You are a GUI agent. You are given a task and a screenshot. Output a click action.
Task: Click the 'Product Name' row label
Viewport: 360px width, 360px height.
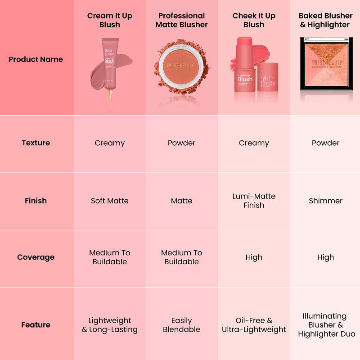36,59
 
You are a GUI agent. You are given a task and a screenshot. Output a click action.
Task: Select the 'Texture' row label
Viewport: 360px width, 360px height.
36,143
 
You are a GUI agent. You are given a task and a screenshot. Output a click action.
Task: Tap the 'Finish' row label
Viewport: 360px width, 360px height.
36,201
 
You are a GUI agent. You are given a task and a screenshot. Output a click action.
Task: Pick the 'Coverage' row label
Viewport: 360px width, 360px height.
36,257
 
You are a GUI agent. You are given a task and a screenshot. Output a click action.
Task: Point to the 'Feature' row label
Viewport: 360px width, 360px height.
36,324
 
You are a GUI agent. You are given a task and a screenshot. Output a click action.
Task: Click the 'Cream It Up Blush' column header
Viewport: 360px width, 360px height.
110,20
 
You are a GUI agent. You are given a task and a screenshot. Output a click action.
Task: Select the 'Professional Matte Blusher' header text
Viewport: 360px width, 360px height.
182,20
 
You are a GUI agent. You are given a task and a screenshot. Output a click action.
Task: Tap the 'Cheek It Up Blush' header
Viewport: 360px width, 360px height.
254,20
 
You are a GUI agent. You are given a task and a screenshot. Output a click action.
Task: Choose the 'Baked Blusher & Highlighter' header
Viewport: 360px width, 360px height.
326,20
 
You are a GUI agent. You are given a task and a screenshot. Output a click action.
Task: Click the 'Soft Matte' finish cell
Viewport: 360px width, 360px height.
110,201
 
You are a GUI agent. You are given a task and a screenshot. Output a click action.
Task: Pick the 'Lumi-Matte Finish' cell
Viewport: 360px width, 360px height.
254,201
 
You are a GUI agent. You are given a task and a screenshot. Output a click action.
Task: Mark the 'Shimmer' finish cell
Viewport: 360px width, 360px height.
326,201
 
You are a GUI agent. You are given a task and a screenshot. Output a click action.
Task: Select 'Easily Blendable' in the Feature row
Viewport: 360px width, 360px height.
182,324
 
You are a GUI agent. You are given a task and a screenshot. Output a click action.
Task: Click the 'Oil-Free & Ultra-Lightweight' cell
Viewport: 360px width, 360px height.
254,324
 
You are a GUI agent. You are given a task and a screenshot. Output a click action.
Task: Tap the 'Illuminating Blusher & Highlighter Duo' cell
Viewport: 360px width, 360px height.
326,324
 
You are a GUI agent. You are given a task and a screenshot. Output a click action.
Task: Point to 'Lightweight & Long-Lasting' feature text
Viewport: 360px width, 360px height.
110,324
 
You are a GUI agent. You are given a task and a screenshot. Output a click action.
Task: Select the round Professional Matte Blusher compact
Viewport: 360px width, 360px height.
181,67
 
